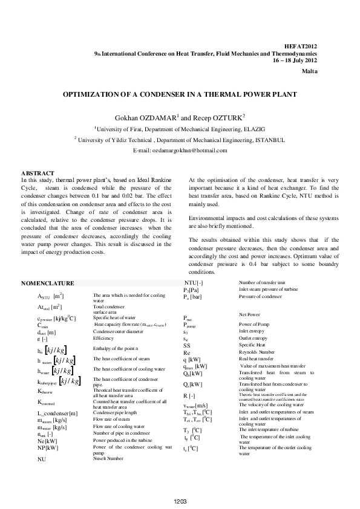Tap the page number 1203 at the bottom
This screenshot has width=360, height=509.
(180, 501)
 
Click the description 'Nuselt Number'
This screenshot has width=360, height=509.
(109, 459)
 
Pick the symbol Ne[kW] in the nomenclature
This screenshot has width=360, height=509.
(48, 441)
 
